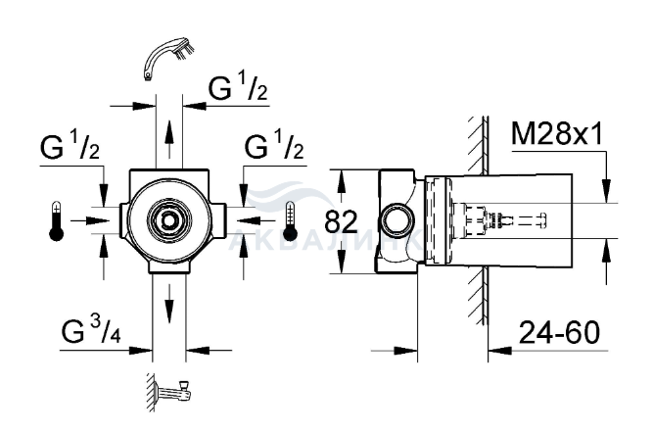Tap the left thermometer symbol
[x=56, y=221]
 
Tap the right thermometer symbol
[x=290, y=221]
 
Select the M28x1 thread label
[x=557, y=134]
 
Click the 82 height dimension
[x=341, y=221]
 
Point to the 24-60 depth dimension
[x=559, y=332]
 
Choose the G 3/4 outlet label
[x=91, y=330]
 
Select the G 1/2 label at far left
[x=70, y=145]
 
